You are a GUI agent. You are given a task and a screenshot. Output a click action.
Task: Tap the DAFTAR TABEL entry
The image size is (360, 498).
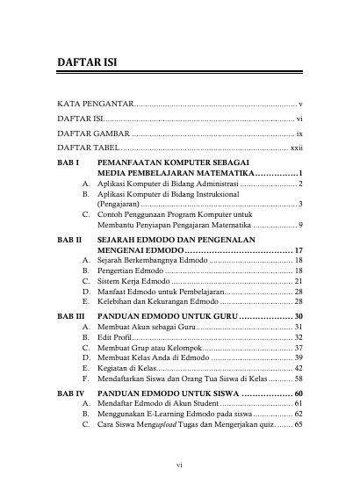pos(90,148)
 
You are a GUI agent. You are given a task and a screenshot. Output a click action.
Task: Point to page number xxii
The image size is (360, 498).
pos(296,148)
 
